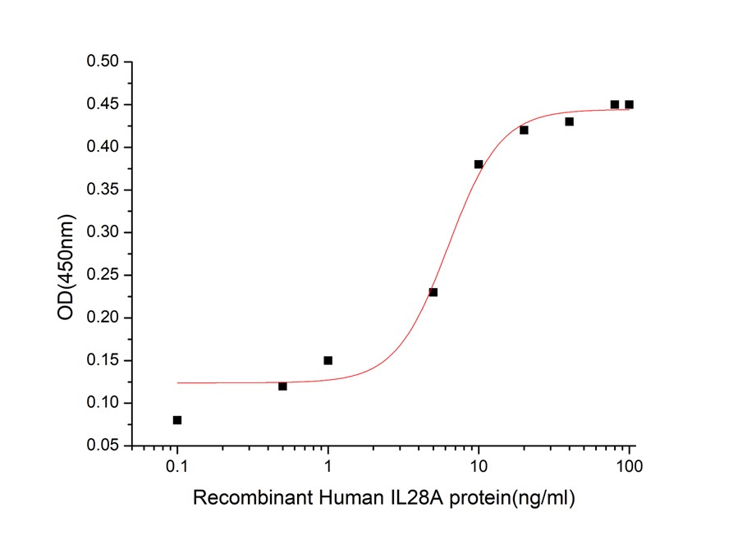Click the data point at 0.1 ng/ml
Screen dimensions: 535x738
[177, 420]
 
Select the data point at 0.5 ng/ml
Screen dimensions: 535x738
[282, 386]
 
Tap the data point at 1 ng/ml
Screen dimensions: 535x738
[328, 360]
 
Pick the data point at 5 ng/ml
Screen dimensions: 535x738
[433, 292]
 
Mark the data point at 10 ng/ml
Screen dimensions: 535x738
[479, 164]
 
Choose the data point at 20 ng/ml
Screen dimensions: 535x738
[524, 130]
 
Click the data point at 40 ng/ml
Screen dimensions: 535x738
[569, 121]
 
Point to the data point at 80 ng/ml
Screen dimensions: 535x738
[615, 104]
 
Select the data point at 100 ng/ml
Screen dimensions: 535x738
[630, 104]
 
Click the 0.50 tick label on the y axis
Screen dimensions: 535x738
[103, 62]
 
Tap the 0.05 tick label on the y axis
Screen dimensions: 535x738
[103, 446]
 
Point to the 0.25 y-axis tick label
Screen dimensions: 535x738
[103, 275]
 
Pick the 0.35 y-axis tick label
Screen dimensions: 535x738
[103, 190]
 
